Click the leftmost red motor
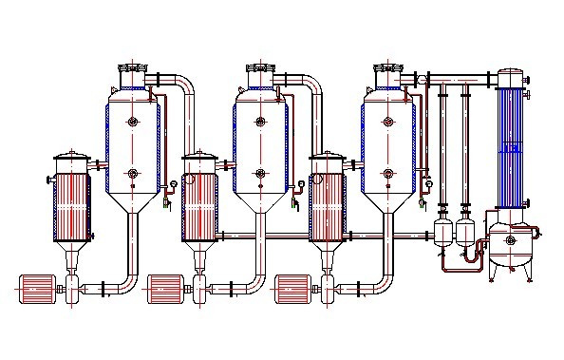click(x=38, y=286)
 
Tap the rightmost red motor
click(x=295, y=286)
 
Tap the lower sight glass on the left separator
click(x=133, y=173)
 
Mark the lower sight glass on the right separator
click(x=389, y=173)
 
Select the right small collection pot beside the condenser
click(x=465, y=232)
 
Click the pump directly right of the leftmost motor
click(x=73, y=287)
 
